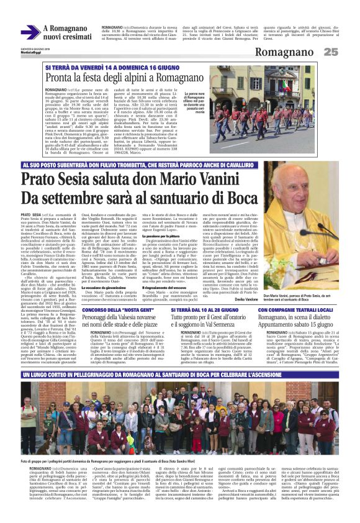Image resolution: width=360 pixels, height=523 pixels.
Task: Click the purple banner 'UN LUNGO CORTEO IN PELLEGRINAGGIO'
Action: pos(179,376)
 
